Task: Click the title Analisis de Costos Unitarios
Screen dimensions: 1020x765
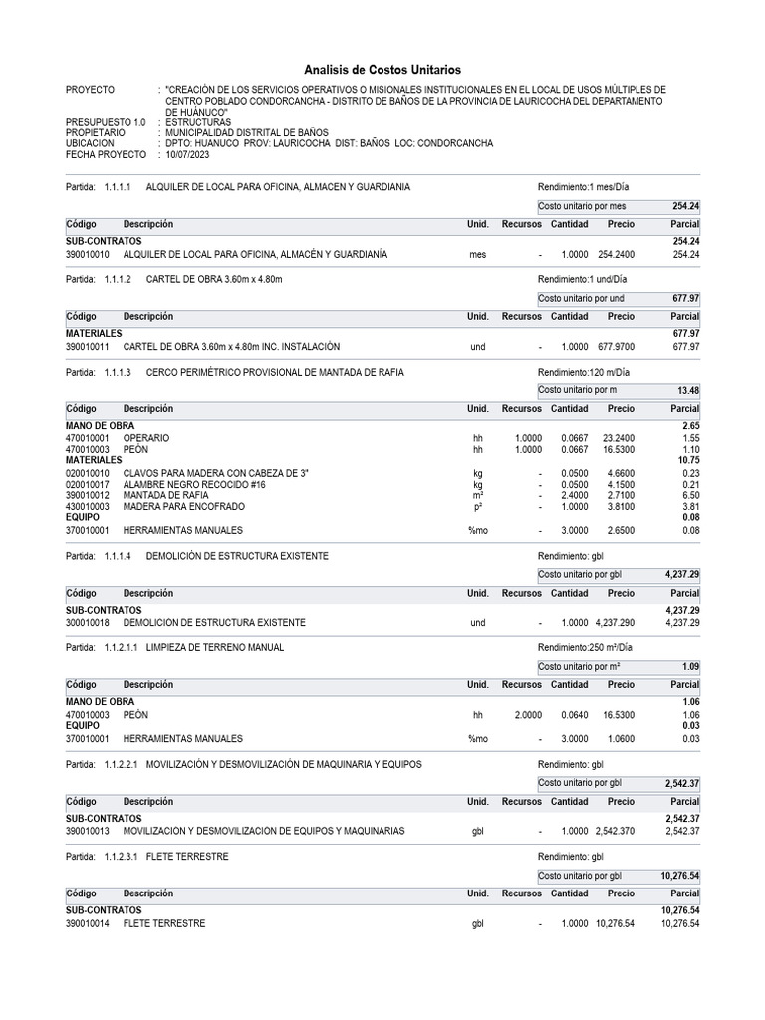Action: (x=382, y=70)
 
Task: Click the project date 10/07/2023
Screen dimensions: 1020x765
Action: (x=189, y=155)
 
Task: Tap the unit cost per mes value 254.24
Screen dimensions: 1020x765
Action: (x=685, y=206)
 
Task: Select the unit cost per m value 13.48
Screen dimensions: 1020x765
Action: (x=687, y=390)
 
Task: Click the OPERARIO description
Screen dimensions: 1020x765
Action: (x=146, y=438)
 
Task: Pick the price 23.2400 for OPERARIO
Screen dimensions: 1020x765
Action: (x=618, y=438)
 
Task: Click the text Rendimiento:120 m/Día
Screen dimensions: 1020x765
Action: (x=585, y=371)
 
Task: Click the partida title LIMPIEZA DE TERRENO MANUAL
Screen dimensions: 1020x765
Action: (x=214, y=647)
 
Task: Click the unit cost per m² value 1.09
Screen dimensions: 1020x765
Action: (x=689, y=666)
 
